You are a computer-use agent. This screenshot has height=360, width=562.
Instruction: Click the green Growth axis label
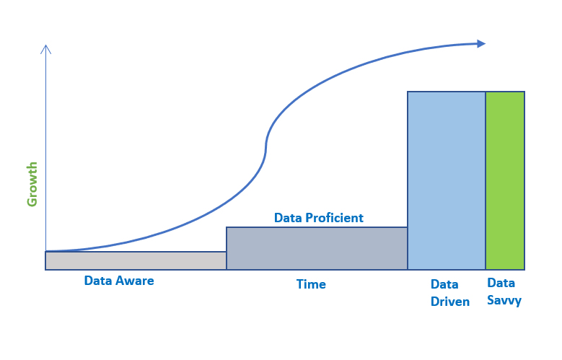tap(32, 184)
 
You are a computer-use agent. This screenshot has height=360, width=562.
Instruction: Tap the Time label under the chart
tap(311, 284)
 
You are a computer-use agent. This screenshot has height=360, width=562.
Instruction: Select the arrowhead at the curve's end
tap(481, 44)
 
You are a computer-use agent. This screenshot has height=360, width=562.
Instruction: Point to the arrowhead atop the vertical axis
tap(46, 49)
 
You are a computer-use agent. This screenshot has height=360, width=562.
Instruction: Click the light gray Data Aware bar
tap(136, 260)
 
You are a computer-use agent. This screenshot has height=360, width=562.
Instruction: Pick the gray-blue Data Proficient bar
tap(317, 248)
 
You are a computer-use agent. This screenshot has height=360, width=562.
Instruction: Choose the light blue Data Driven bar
tap(447, 180)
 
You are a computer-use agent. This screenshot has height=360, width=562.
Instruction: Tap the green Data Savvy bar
tap(505, 180)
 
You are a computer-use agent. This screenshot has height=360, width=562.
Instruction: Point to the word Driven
tap(450, 302)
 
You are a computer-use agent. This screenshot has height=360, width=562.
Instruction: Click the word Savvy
tap(504, 300)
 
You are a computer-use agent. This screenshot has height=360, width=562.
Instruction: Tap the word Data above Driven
tap(444, 284)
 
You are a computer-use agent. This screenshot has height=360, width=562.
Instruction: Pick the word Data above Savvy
tap(501, 283)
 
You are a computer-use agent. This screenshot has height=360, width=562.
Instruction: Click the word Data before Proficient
tap(288, 218)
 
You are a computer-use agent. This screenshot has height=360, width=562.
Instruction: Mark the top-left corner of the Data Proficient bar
tap(227, 227)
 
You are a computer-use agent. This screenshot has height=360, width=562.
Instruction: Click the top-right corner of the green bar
tap(524, 92)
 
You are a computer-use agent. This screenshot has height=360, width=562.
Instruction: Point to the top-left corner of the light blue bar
tap(408, 92)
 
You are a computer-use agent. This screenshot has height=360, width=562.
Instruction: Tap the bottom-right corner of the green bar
tap(524, 270)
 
